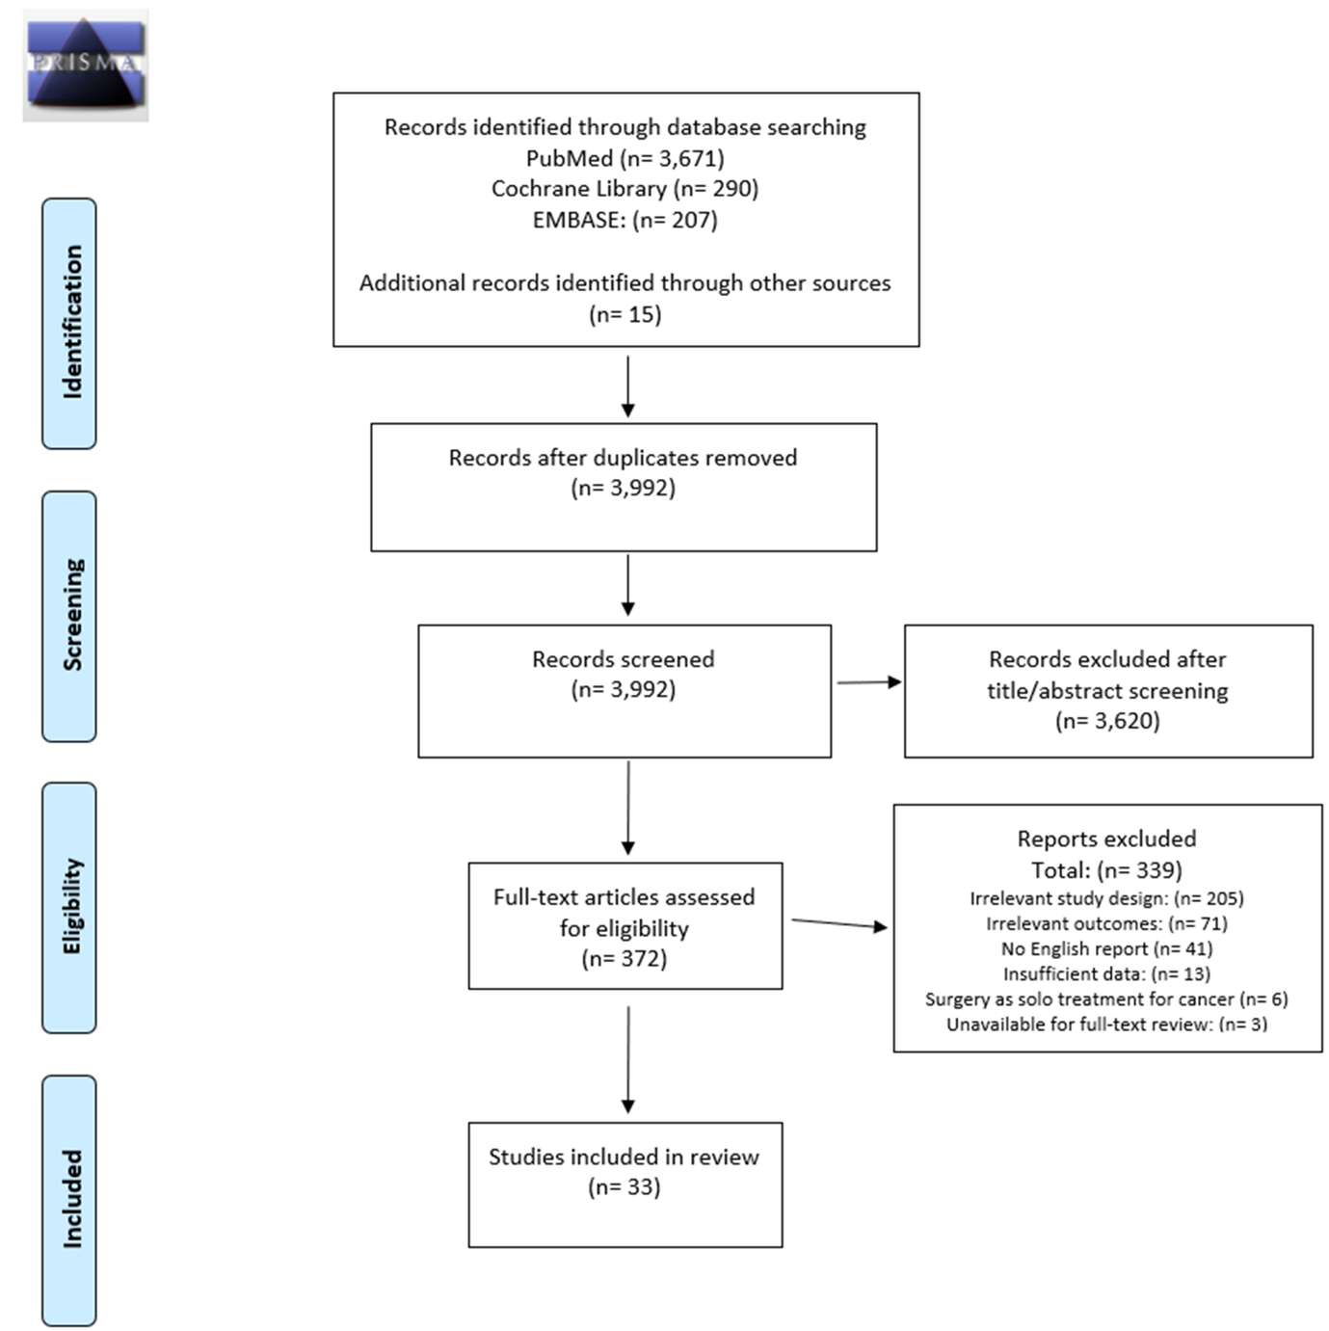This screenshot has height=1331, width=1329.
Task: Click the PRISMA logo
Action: pos(86,66)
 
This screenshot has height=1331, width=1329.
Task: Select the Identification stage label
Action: pos(69,323)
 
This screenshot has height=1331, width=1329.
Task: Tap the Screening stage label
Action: pos(69,616)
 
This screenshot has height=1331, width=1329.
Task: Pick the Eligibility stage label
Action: pos(69,908)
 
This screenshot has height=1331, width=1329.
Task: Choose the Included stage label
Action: pos(69,1200)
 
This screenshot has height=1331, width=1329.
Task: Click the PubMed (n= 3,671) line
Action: pos(625,159)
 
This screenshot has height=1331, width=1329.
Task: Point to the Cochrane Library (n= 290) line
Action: pos(625,189)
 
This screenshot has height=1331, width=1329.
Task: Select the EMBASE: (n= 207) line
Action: pos(625,220)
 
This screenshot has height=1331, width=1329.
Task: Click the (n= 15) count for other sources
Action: pos(625,314)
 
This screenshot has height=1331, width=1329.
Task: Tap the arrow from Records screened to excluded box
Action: pos(869,682)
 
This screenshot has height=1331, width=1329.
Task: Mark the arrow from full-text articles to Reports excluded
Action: pos(839,923)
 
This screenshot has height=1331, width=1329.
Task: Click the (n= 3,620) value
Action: pos(1107,721)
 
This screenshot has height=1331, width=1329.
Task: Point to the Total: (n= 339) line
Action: pos(1106,870)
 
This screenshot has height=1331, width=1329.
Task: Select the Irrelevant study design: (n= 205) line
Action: pos(1106,898)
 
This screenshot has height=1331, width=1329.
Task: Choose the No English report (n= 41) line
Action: pos(1106,949)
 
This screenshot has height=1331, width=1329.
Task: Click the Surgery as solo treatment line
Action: pos(1106,999)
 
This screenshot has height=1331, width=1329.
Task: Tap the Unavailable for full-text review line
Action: pos(1106,1025)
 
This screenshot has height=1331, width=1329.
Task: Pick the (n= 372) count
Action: pos(625,959)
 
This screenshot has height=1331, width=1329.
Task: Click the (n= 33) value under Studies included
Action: pos(625,1187)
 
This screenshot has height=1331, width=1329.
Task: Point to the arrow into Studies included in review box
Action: pos(628,1059)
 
